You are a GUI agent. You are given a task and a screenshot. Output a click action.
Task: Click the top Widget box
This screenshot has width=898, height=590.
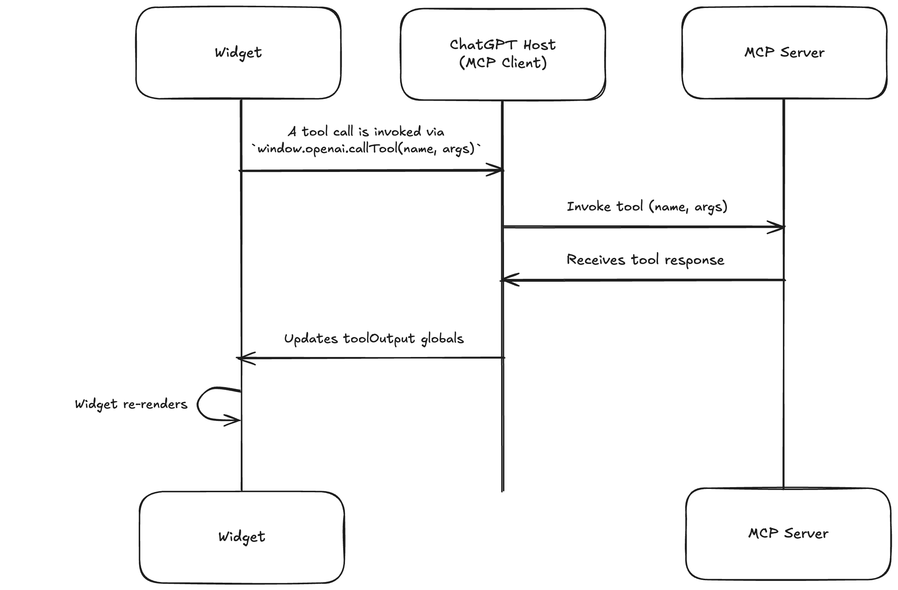pyautogui.click(x=238, y=52)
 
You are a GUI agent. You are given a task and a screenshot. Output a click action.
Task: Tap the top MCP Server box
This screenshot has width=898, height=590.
pyautogui.click(x=784, y=52)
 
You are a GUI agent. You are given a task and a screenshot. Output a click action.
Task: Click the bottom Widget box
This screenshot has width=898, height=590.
pyautogui.click(x=241, y=537)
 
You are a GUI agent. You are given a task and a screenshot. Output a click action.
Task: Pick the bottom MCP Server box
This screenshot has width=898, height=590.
pyautogui.click(x=788, y=533)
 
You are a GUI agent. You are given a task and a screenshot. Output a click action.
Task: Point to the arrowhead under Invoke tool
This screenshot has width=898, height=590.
pyautogui.click(x=777, y=227)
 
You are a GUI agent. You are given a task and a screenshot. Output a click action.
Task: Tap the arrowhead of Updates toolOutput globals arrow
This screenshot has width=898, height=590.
pyautogui.click(x=245, y=358)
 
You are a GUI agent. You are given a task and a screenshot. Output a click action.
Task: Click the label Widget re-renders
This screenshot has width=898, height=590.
pyautogui.click(x=131, y=404)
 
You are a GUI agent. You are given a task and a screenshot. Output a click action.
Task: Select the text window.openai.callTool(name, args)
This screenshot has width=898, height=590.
pyautogui.click(x=366, y=149)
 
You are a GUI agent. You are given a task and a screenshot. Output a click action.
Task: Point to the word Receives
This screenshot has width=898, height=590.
pyautogui.click(x=596, y=260)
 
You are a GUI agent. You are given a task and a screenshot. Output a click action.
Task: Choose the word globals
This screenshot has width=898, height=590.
pyautogui.click(x=442, y=338)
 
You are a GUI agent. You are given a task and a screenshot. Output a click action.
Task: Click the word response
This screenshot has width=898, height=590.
pyautogui.click(x=694, y=260)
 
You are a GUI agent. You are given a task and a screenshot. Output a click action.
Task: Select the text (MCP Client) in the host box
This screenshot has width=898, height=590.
pyautogui.click(x=503, y=63)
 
